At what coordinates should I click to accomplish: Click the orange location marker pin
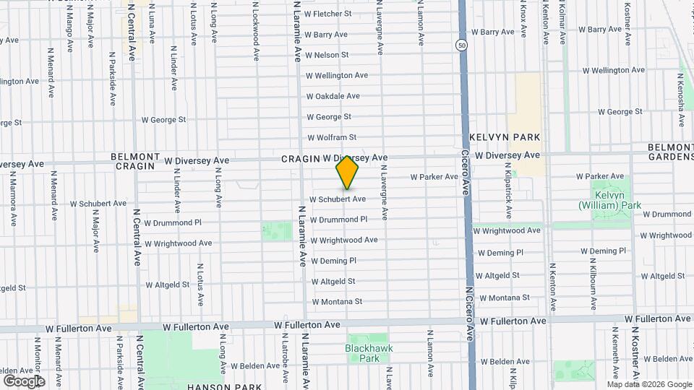coord(347,173)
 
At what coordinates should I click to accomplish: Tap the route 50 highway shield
coord(461,45)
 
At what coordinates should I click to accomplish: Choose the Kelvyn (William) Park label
coord(609,201)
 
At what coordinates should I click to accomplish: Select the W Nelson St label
coord(327,55)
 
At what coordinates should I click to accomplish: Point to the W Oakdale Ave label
coord(333,96)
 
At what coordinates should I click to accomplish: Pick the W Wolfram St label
coord(332,137)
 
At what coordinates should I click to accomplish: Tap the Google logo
coord(24,381)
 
